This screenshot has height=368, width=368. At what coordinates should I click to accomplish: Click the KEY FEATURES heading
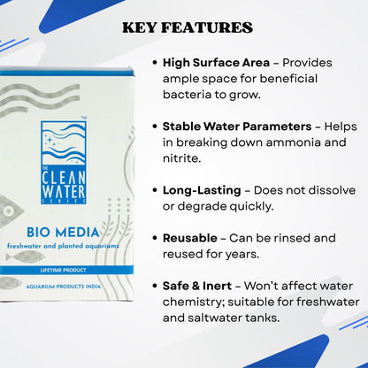point(187,27)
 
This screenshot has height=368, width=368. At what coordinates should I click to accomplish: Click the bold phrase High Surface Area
point(217,63)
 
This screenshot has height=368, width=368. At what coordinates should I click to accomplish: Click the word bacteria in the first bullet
point(188,95)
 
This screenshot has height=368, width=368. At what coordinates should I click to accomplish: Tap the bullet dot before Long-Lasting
point(156,190)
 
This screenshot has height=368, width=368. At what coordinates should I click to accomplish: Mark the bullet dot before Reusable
point(156,237)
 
